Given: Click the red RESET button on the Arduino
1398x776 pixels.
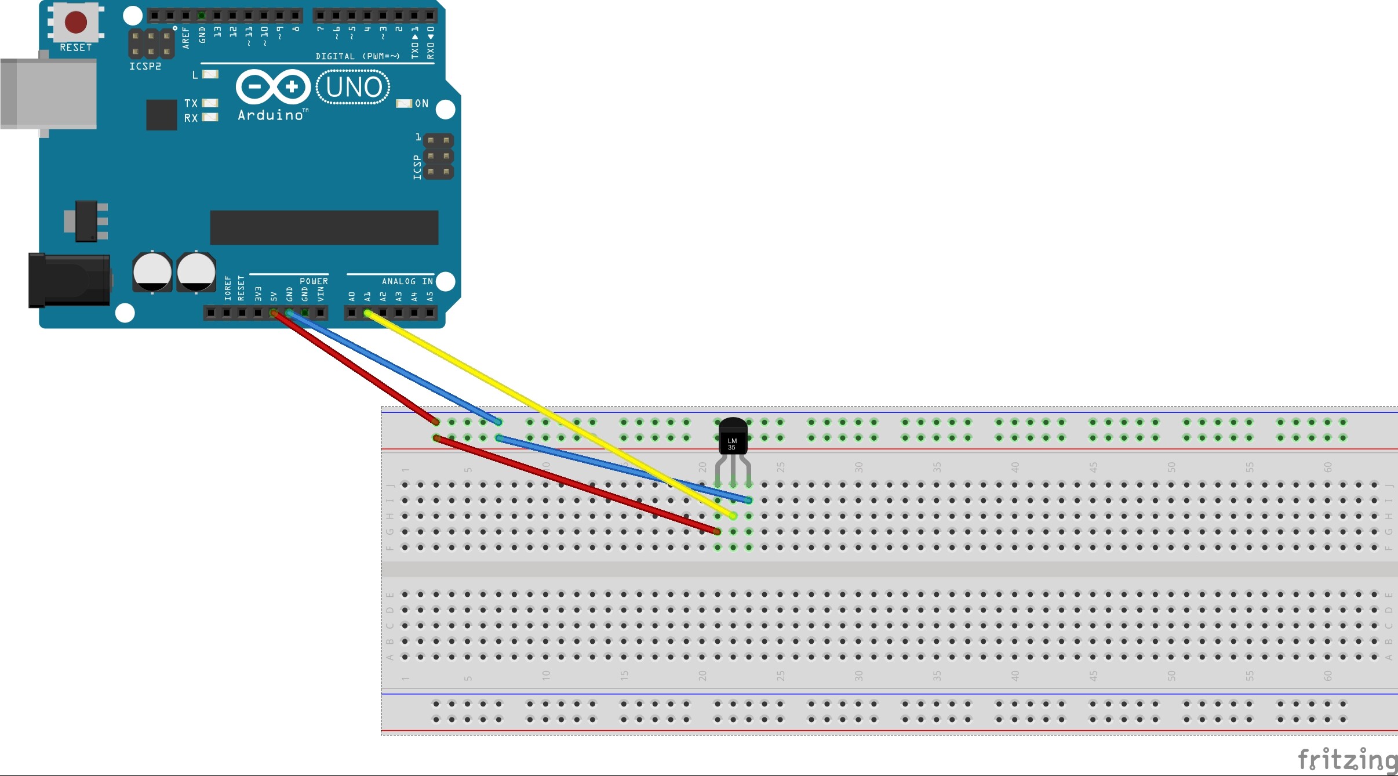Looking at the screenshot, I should click(x=76, y=22).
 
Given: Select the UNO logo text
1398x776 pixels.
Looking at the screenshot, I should click(x=354, y=88).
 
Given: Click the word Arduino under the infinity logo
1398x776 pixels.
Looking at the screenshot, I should click(x=271, y=115).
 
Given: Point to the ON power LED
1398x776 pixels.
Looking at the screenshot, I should click(x=403, y=103).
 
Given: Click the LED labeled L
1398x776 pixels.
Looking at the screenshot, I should click(x=210, y=74).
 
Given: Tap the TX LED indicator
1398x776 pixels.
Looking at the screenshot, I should click(x=210, y=103).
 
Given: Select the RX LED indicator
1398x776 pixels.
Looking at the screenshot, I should click(x=210, y=118).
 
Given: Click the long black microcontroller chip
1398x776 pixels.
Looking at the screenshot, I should click(x=324, y=227).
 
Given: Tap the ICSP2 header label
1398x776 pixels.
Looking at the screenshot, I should click(x=145, y=67).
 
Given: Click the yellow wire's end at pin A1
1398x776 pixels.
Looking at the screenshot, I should click(x=367, y=313).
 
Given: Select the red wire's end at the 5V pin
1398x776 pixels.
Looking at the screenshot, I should click(x=274, y=313).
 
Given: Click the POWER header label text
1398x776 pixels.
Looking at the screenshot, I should click(x=314, y=281).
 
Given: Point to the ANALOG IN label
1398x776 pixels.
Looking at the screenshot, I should click(x=407, y=281).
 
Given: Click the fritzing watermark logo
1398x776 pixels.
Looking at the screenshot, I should click(x=1347, y=759).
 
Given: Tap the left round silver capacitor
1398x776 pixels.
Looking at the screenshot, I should click(x=152, y=272).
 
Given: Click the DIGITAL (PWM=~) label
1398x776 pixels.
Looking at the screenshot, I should click(x=358, y=56).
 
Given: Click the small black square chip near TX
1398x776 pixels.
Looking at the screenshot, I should click(x=162, y=115).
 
